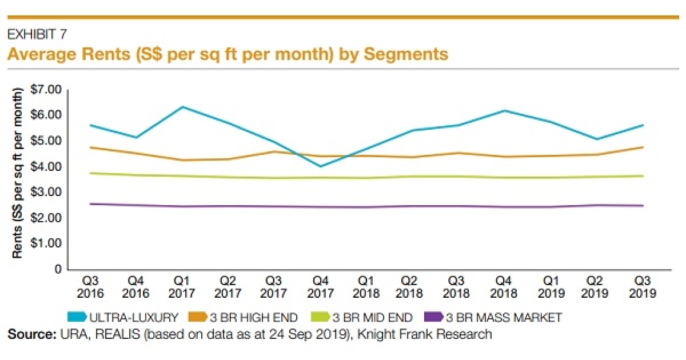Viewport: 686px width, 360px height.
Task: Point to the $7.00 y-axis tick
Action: coord(45,90)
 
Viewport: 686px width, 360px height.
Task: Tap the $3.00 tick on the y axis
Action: coord(45,192)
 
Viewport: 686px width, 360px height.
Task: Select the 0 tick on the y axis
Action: coord(58,269)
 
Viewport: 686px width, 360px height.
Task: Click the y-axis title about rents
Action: coord(18,173)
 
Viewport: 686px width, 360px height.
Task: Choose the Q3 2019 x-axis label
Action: coord(643,287)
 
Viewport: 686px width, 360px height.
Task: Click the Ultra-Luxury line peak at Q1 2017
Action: coord(181,107)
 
